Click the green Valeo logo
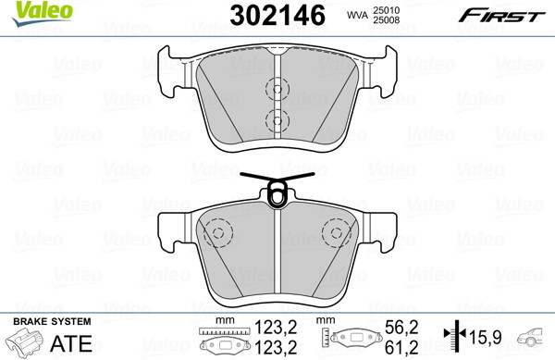click(42, 13)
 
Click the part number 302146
click(277, 15)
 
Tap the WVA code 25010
click(386, 10)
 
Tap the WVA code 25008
click(386, 19)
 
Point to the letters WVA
click(357, 15)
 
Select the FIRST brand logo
click(501, 16)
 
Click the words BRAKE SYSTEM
click(52, 321)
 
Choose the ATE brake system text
click(71, 343)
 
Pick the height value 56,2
click(401, 328)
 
